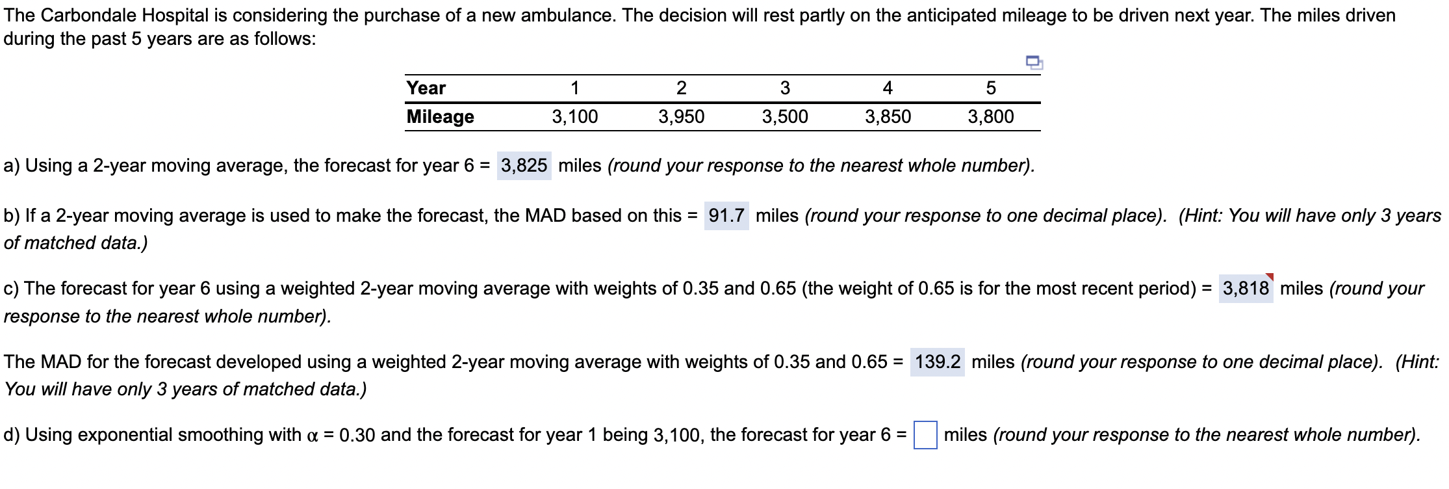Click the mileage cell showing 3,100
(x=574, y=117)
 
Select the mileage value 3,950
(x=681, y=117)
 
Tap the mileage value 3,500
(x=785, y=117)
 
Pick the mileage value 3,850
(x=888, y=117)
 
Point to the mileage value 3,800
(x=990, y=117)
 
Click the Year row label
(x=426, y=88)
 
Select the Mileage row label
(x=440, y=117)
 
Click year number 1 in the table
(x=574, y=88)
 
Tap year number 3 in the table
(x=785, y=88)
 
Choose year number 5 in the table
(x=990, y=88)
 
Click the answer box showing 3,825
(x=524, y=166)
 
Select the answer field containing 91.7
(x=726, y=216)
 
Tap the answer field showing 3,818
(x=1245, y=289)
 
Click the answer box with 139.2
(x=937, y=362)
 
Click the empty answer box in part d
(x=925, y=435)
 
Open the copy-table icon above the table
(x=1034, y=62)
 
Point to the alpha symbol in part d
(x=312, y=436)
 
